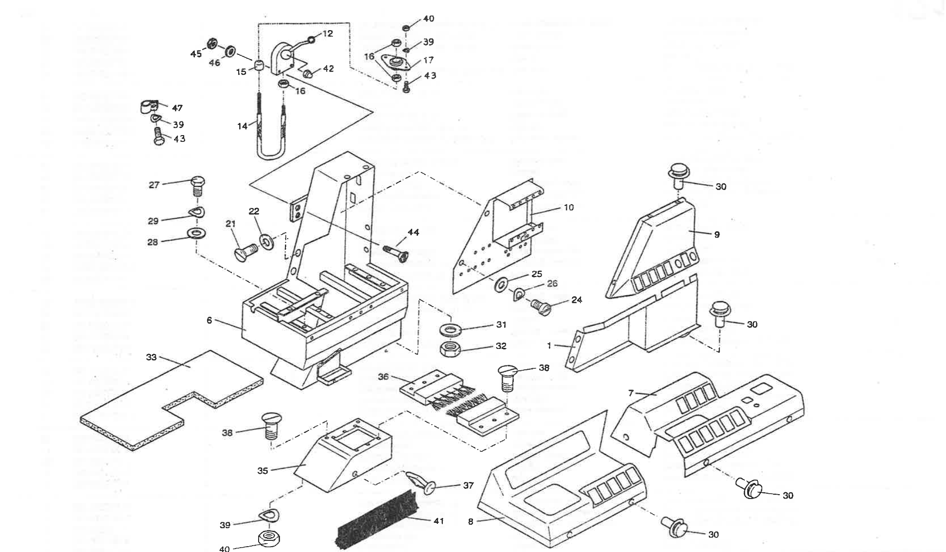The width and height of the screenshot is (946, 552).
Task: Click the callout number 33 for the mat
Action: (x=151, y=357)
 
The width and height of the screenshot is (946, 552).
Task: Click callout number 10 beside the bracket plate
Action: (x=568, y=207)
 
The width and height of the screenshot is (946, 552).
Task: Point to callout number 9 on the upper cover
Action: (x=717, y=235)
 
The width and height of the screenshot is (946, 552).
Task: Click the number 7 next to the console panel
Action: (x=631, y=393)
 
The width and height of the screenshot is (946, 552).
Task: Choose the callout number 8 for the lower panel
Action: (x=471, y=522)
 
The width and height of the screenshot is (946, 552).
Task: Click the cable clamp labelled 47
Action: (x=148, y=107)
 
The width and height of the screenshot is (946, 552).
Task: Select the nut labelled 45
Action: (x=211, y=44)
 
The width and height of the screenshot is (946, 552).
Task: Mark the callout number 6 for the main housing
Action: (x=210, y=321)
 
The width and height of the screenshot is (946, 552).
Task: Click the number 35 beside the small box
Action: (x=263, y=470)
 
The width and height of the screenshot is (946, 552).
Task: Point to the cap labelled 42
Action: (x=309, y=73)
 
